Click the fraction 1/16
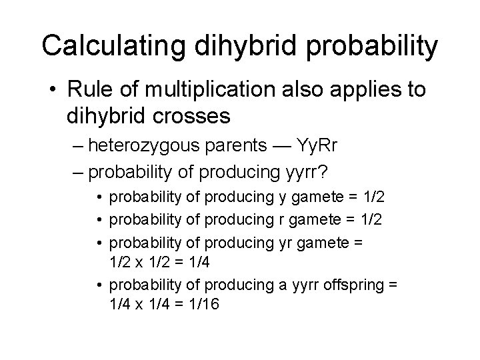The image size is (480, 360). coord(203,305)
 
